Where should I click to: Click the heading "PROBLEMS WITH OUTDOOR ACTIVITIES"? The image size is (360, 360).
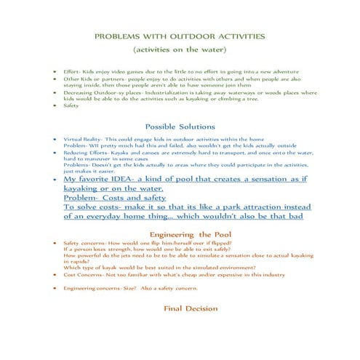tap(179, 36)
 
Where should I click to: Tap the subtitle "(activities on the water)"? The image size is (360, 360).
tap(179, 50)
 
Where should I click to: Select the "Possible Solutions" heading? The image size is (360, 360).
tap(180, 125)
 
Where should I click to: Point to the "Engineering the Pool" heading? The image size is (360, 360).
tap(180, 234)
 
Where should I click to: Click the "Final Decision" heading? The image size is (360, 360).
tap(180, 308)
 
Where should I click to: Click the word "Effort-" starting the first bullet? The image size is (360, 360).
tap(73, 73)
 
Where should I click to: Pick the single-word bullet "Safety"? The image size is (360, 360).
tap(72, 105)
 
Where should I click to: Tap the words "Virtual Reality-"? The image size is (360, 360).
tap(84, 138)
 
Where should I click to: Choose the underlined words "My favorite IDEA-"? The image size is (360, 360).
tap(102, 178)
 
